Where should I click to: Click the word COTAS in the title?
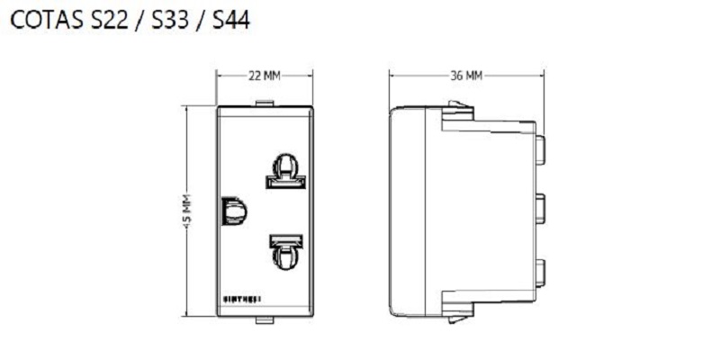41,20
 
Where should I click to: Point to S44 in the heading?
227,20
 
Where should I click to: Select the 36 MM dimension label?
466,75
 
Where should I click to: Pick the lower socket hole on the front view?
283,253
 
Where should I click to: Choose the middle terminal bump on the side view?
542,209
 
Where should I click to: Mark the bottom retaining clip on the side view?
459,313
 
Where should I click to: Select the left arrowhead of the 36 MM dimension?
392,76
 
